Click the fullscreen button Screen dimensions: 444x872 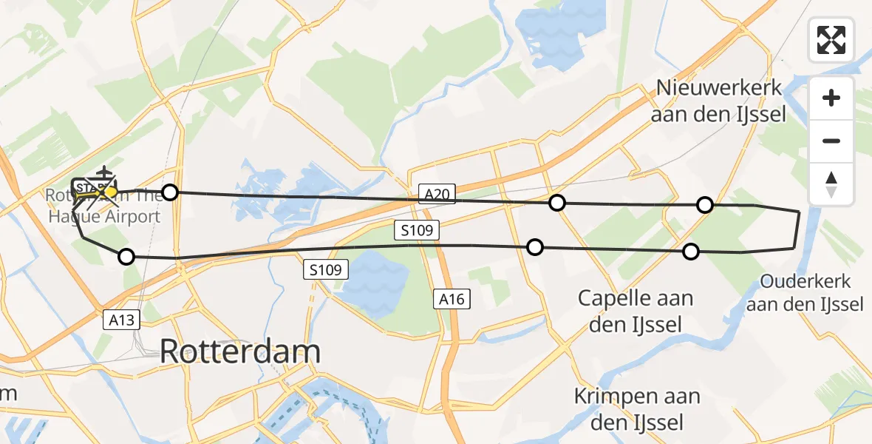[x=831, y=40]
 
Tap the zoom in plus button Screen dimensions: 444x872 [x=831, y=98]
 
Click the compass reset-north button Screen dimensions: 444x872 [x=831, y=184]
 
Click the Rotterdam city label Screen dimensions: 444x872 [x=240, y=352]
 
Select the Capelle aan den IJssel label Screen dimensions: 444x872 [x=636, y=311]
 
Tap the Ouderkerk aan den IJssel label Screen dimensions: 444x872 [x=805, y=293]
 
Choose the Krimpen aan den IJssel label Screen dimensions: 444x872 [x=637, y=408]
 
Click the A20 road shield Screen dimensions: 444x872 [x=437, y=194]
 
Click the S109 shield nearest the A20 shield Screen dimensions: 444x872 [x=418, y=231]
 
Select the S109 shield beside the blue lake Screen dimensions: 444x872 [x=325, y=270]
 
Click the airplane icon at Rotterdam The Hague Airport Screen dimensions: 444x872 [x=104, y=172]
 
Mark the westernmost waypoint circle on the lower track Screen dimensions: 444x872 [x=126, y=257]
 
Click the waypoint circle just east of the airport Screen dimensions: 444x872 [x=170, y=192]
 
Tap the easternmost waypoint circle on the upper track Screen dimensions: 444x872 [x=705, y=204]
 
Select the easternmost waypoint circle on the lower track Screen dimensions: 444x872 [x=690, y=252]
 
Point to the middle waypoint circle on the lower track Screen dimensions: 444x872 [x=534, y=247]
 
